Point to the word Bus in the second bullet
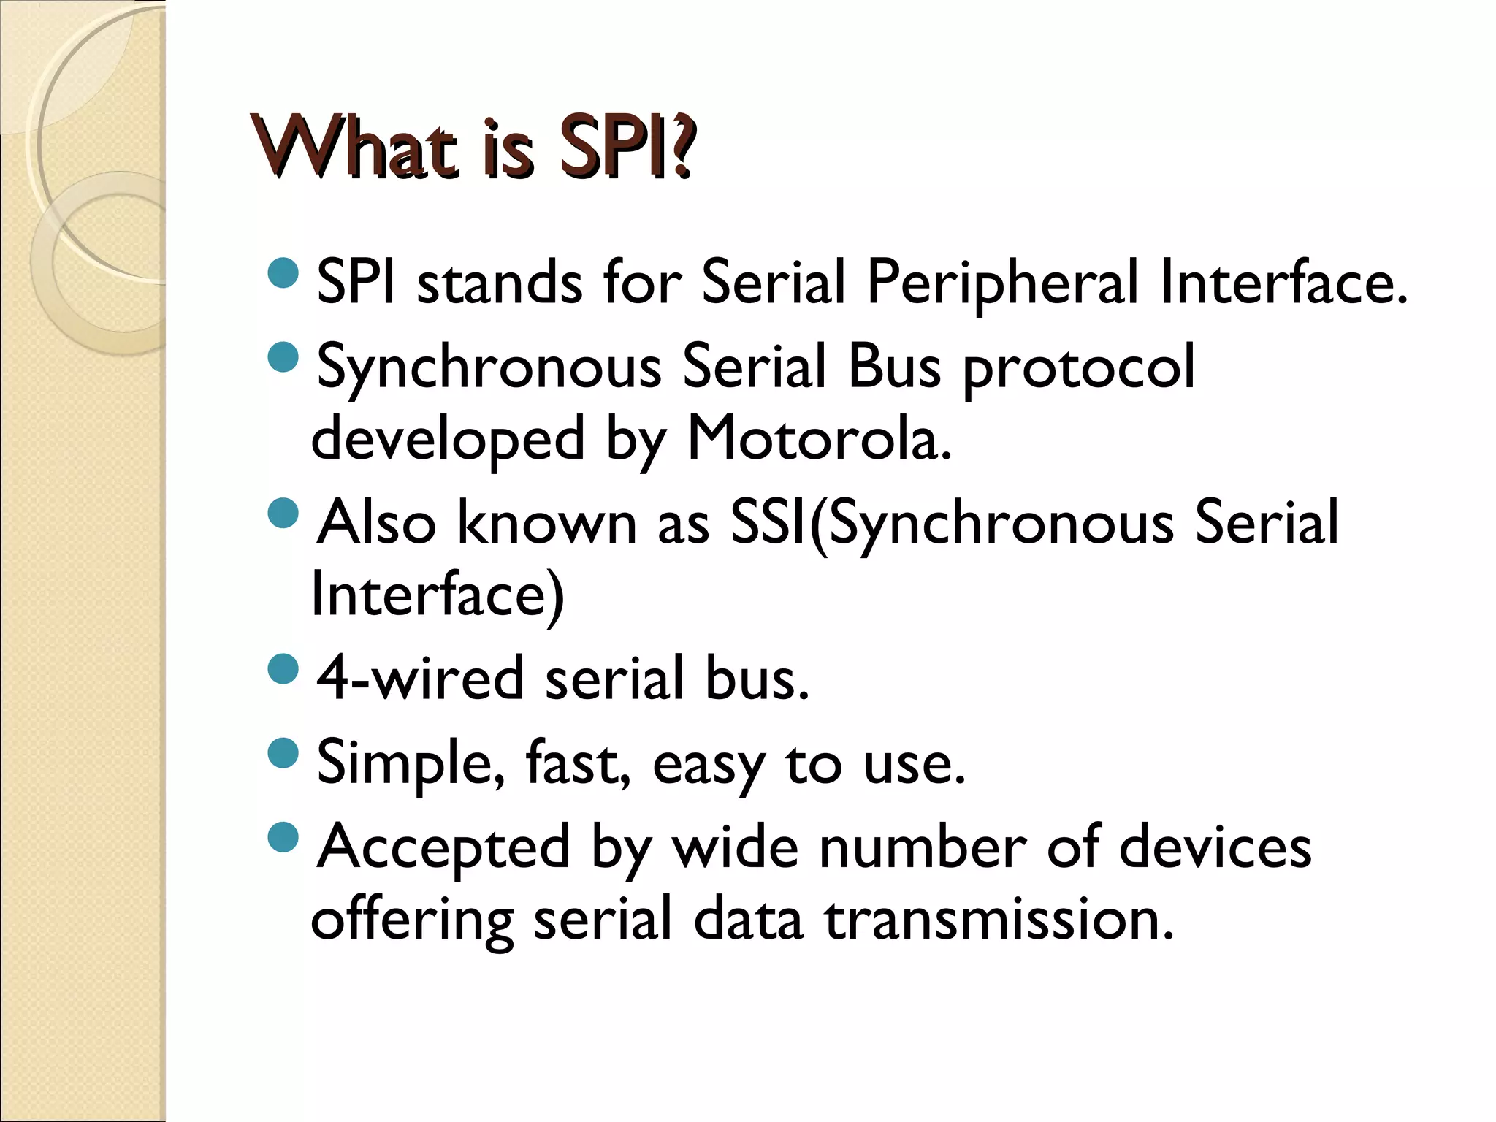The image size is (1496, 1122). [x=894, y=367]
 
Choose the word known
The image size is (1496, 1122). [x=547, y=522]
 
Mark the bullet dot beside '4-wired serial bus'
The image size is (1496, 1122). [x=283, y=669]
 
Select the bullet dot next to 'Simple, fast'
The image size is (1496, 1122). [x=283, y=753]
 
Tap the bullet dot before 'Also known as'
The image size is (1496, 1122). [x=283, y=513]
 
